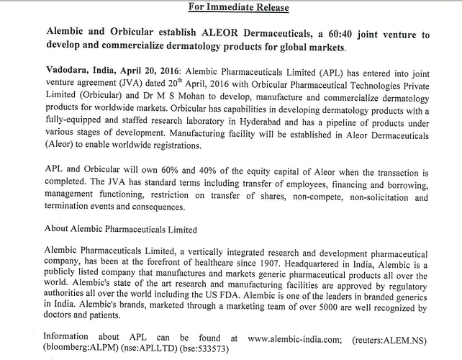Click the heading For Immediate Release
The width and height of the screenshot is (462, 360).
[230, 9]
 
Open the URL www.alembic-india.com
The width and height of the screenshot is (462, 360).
[283, 337]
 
